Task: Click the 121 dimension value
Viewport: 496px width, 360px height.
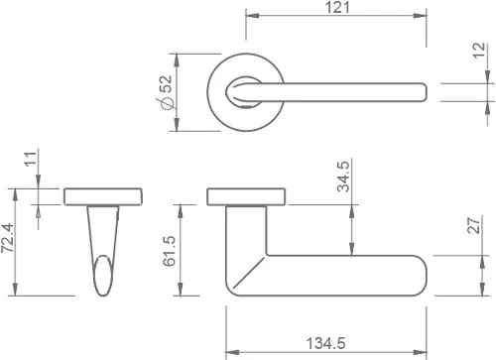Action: coord(337,7)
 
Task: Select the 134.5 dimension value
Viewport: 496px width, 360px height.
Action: coord(325,343)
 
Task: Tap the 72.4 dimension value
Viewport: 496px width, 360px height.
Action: coord(7,238)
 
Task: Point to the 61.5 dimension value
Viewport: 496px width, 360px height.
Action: coord(170,251)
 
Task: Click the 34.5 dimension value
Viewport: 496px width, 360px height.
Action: coord(343,177)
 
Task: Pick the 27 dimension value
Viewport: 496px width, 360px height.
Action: coord(474,225)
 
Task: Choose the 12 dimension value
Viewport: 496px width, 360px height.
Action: coord(478,51)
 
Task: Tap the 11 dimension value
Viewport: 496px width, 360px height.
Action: coord(30,159)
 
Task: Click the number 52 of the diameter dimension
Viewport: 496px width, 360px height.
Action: coord(166,84)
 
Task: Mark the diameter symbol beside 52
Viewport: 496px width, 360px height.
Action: coord(166,103)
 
